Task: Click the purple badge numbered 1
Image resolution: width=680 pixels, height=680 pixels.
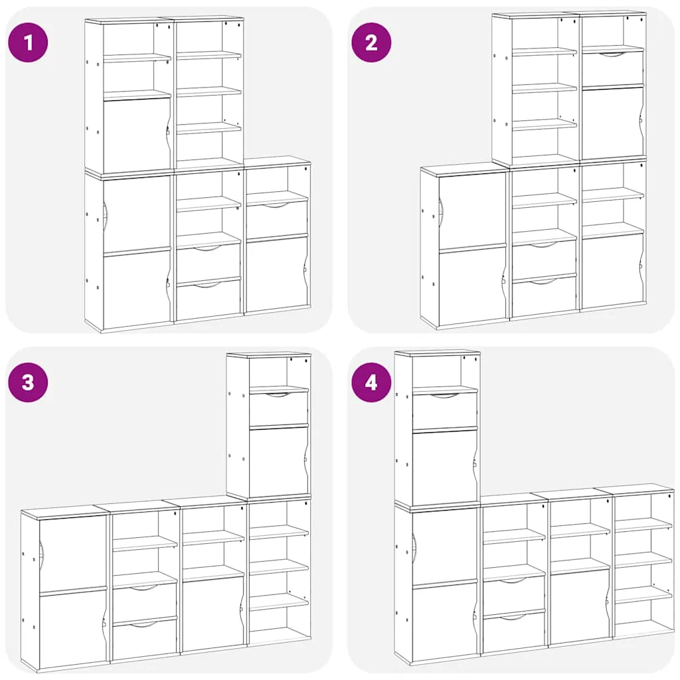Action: pos(28,42)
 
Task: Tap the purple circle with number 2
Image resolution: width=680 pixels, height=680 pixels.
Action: pos(371,42)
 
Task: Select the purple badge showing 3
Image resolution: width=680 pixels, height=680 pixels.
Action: pos(28,382)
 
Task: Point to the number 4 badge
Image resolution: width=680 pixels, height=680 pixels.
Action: pos(371,382)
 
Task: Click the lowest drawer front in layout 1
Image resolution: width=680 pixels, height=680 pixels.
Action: pos(208,300)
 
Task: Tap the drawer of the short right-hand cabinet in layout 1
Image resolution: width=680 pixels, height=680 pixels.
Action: pos(277,218)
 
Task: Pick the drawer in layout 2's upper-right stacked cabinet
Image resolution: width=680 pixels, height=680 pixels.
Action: pos(612,68)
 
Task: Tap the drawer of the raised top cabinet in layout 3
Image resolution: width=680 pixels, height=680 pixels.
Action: pos(278,408)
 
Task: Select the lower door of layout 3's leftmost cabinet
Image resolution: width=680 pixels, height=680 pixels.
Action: pos(73,628)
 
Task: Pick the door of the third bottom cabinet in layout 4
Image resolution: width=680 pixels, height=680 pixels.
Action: pos(580,606)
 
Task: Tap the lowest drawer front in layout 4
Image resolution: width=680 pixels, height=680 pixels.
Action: pos(514,632)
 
